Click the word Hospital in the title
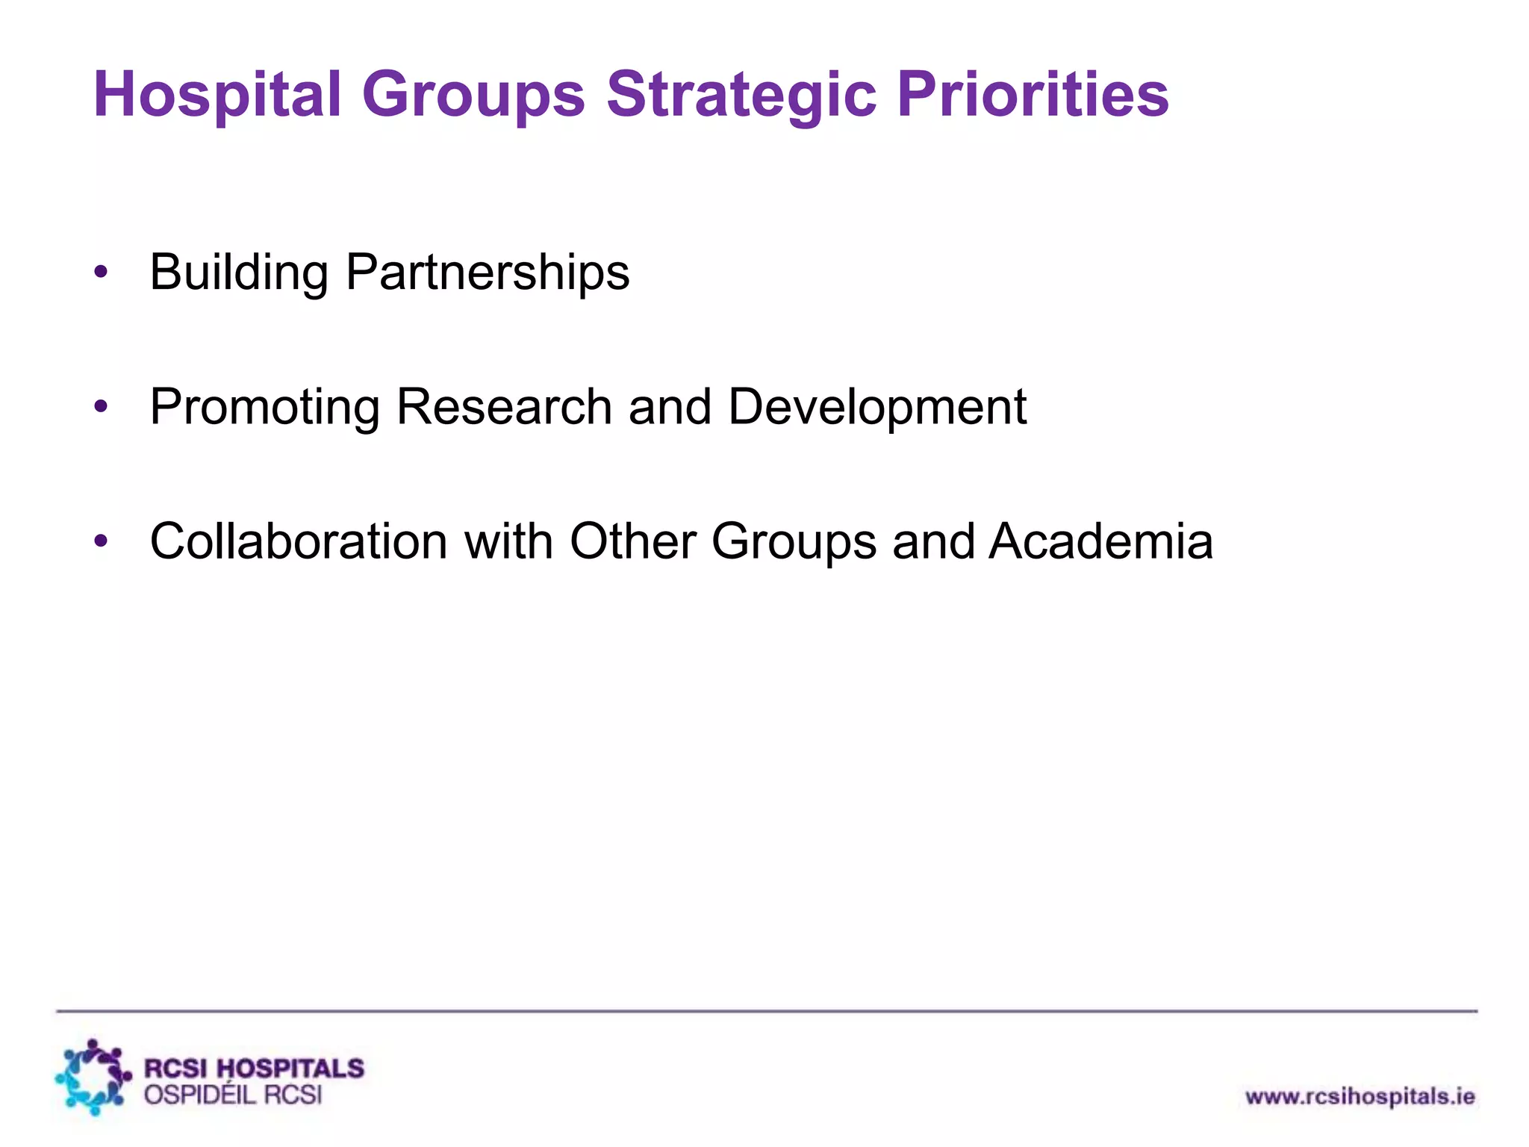tap(217, 95)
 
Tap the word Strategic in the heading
tap(741, 95)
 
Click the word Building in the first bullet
tap(239, 273)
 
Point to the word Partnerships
tap(488, 273)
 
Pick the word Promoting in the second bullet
tap(265, 408)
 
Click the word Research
tap(504, 408)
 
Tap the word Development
tap(877, 408)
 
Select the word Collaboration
tap(299, 541)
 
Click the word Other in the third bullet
tap(632, 541)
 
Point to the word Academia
tap(1101, 541)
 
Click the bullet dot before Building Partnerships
tap(102, 273)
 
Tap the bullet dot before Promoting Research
tap(102, 408)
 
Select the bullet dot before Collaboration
tap(102, 541)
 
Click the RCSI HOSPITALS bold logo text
tap(254, 1068)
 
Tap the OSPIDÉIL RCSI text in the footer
tap(233, 1095)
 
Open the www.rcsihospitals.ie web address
tap(1360, 1097)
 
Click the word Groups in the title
tap(473, 95)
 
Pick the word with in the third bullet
tap(508, 541)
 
